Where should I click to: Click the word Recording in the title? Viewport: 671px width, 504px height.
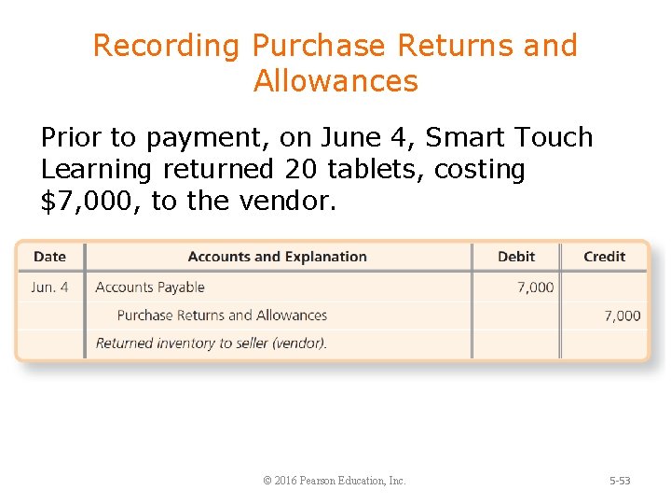click(x=168, y=46)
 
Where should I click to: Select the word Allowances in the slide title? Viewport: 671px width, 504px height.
click(x=335, y=81)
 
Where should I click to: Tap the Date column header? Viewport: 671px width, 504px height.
click(x=49, y=257)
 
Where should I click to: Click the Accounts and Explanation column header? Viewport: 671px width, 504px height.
click(x=277, y=257)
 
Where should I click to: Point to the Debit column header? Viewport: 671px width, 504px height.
click(x=516, y=257)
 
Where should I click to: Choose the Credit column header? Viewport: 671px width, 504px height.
click(x=604, y=257)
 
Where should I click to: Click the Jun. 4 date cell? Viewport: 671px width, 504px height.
click(x=49, y=287)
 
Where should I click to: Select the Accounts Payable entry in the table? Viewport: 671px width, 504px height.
click(x=150, y=287)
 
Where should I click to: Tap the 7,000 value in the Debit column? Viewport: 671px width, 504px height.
click(x=535, y=287)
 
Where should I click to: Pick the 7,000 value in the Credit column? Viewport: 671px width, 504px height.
click(x=622, y=315)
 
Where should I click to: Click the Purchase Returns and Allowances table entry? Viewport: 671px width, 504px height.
click(x=222, y=315)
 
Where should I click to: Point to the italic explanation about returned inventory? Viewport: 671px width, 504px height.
click(x=212, y=343)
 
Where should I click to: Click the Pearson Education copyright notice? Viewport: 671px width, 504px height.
click(x=335, y=481)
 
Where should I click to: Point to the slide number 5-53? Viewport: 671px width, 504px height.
click(x=620, y=481)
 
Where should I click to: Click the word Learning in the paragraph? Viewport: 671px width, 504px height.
click(x=97, y=170)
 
